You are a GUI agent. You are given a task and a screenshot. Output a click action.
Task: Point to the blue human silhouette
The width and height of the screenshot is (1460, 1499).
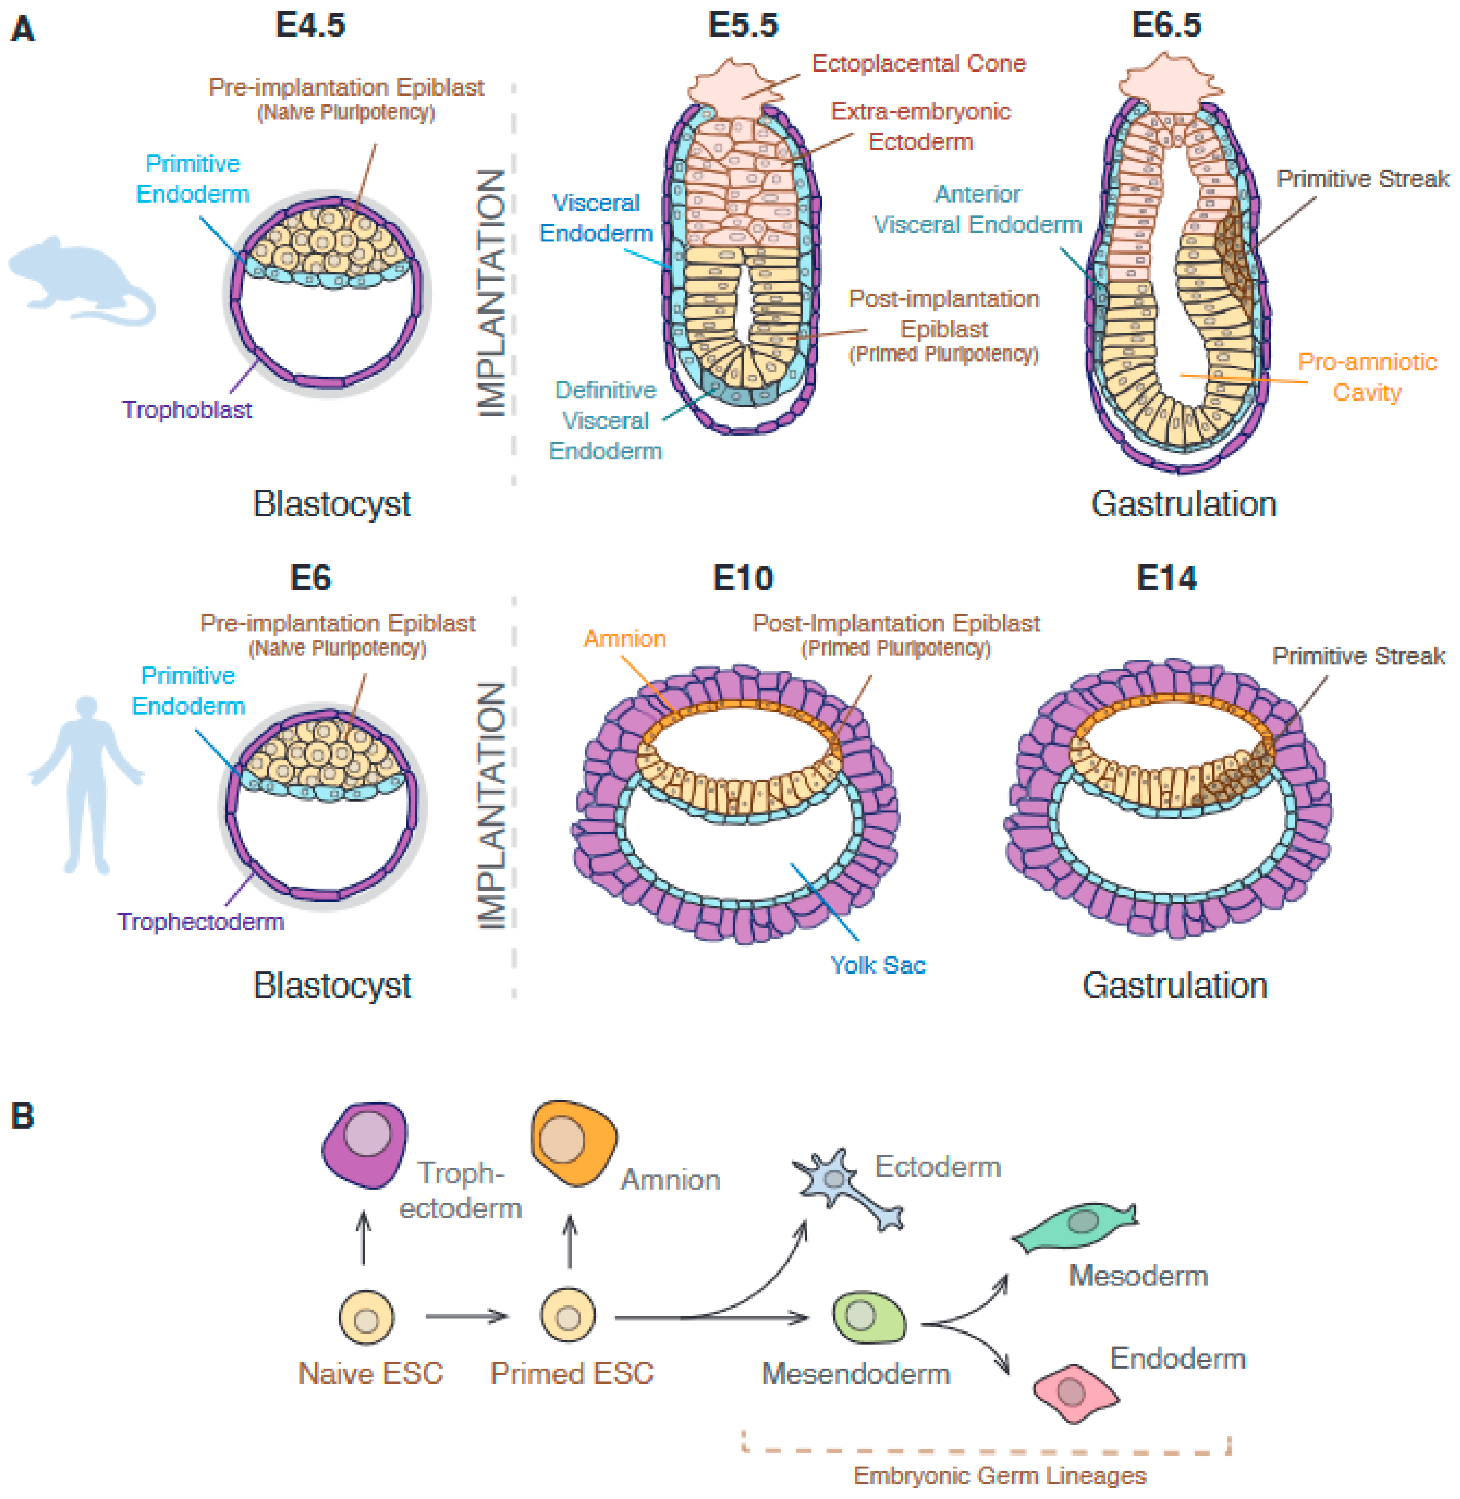point(86,782)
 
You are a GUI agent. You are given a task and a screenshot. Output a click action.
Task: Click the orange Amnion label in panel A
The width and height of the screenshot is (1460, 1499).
point(624,638)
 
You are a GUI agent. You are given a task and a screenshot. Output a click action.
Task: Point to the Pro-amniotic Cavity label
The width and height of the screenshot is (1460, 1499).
point(1366,376)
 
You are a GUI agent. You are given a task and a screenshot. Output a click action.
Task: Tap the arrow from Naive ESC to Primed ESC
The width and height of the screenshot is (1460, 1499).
point(466,1316)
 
